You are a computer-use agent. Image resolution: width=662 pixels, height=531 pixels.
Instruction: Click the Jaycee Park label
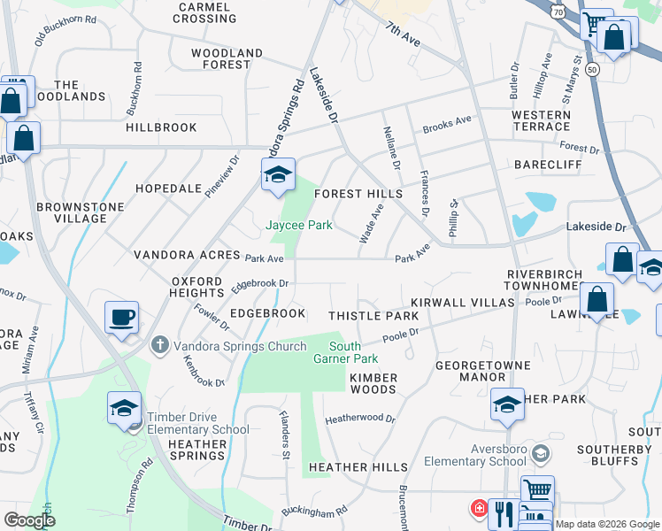pyautogui.click(x=299, y=225)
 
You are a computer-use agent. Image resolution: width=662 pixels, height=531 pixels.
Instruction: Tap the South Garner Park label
pyautogui.click(x=345, y=352)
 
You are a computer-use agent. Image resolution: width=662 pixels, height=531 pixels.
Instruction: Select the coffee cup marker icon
pyautogui.click(x=121, y=316)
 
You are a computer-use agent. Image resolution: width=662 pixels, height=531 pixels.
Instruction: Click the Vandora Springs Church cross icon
pyautogui.click(x=158, y=345)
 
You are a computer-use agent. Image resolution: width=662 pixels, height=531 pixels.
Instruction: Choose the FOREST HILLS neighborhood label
pyautogui.click(x=358, y=194)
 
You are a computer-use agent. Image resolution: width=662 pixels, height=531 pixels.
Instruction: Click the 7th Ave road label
pyautogui.click(x=404, y=35)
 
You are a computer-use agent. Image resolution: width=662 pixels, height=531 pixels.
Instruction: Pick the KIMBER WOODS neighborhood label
pyautogui.click(x=373, y=383)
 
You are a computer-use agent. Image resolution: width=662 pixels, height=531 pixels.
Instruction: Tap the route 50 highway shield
pyautogui.click(x=592, y=68)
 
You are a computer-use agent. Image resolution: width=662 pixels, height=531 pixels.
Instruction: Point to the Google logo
pyautogui.click(x=29, y=520)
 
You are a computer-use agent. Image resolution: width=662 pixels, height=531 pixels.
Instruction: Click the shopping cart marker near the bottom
pyautogui.click(x=536, y=489)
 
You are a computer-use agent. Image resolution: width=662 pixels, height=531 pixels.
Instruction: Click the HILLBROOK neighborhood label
pyautogui.click(x=161, y=127)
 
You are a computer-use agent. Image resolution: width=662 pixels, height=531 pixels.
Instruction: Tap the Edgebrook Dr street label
pyautogui.click(x=260, y=285)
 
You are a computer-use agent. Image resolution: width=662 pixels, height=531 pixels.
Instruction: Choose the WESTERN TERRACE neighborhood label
pyautogui.click(x=541, y=121)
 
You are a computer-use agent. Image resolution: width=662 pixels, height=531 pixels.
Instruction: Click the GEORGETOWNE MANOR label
pyautogui.click(x=483, y=371)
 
